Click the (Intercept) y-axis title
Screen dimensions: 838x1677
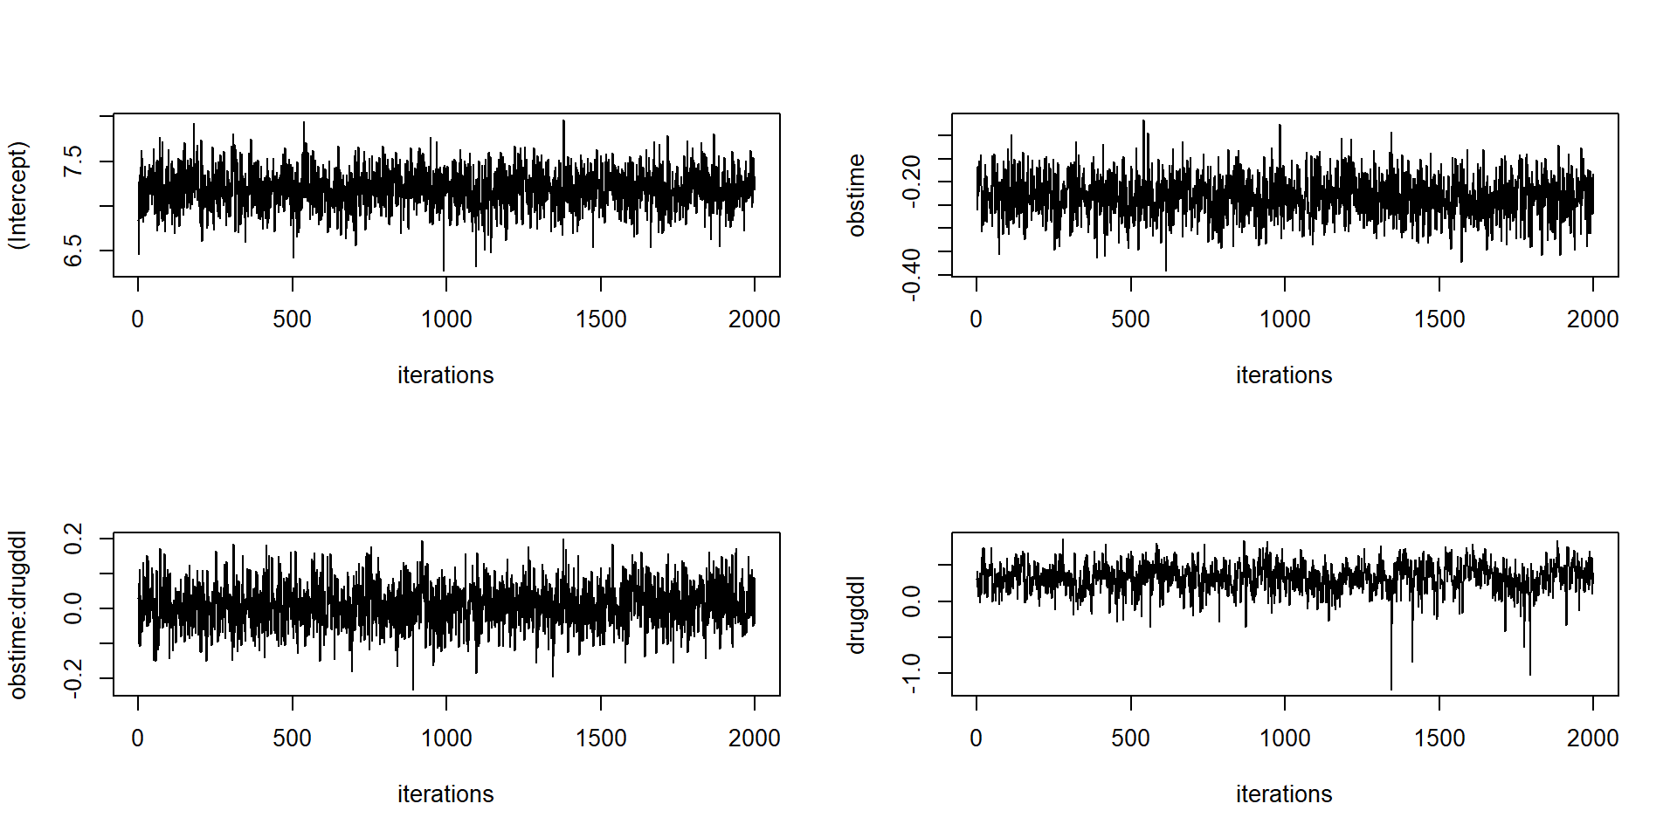18,195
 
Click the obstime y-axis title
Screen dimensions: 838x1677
857,195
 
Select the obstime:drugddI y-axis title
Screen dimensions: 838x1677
18,614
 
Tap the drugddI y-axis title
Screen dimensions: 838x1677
857,614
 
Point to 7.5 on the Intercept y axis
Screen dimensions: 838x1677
73,161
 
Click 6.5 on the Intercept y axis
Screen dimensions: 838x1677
73,251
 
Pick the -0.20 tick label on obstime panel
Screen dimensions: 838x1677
912,182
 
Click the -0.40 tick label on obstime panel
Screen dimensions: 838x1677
912,274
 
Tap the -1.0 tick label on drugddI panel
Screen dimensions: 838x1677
912,673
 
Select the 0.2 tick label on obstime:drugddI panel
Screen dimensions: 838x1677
73,538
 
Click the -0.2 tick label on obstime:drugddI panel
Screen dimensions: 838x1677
73,678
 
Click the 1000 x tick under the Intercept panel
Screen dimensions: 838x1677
446,319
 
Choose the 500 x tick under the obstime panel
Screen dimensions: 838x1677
1130,319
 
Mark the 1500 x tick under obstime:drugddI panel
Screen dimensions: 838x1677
601,738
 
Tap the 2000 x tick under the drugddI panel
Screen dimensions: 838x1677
1592,738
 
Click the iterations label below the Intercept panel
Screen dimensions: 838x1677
445,375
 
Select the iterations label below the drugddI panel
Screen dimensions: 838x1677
1284,794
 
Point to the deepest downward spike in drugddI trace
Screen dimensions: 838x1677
1391,687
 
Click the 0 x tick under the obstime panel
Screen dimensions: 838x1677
977,319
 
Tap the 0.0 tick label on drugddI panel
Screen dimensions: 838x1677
912,601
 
